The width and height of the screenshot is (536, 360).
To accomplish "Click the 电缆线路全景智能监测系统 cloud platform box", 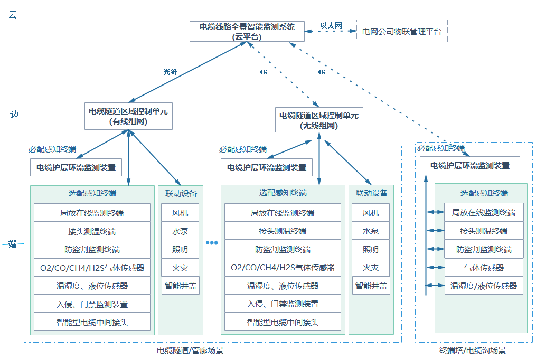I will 247,32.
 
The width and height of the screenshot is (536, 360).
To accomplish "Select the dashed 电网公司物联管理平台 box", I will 402,32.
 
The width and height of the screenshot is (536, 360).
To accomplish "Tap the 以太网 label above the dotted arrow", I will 331,25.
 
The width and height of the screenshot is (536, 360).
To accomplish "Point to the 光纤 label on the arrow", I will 170,72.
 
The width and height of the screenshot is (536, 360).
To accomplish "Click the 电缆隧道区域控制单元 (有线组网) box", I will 128,116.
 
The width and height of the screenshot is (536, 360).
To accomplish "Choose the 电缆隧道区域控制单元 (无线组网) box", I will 318,120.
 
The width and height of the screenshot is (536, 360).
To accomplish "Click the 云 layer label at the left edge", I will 13,15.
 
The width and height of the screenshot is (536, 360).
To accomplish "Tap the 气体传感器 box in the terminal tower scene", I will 484,268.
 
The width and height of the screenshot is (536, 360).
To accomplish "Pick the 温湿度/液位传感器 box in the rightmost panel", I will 484,286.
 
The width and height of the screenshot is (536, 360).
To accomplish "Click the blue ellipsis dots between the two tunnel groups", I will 212,243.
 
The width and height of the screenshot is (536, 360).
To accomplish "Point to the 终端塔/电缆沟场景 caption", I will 472,350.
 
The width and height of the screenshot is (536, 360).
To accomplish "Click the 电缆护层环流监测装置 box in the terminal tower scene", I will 469,165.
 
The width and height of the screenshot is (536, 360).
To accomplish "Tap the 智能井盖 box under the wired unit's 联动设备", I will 180,286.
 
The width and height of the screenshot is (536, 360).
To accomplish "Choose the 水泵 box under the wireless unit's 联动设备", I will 371,231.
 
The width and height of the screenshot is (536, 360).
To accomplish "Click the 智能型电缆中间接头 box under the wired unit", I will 92,322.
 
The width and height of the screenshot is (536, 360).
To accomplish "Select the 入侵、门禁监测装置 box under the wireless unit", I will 283,304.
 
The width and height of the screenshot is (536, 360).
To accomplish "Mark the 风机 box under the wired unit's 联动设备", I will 180,213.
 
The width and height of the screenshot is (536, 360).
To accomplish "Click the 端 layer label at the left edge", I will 13,244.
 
